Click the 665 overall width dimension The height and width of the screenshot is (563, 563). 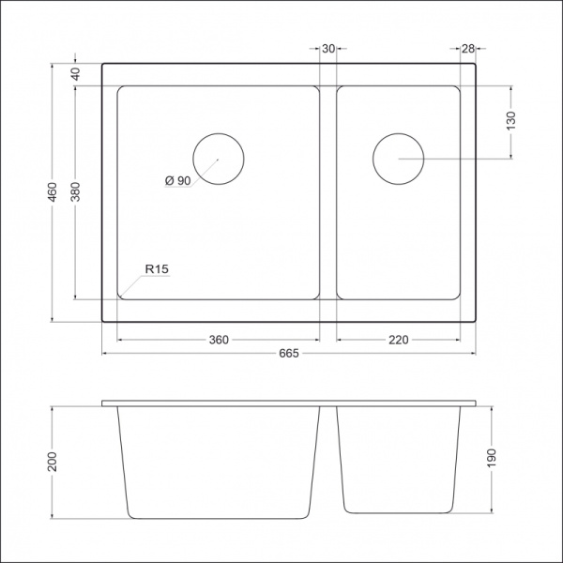point(289,354)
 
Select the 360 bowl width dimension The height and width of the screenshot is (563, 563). point(219,340)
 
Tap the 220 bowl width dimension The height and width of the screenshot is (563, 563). point(399,340)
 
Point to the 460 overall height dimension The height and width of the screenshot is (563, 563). point(53,192)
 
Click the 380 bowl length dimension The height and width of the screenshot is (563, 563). point(75,192)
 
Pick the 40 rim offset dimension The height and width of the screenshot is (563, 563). point(75,74)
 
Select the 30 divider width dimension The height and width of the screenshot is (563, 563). point(328,49)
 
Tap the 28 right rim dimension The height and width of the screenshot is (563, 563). point(468,49)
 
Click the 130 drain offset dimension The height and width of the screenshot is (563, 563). point(511,121)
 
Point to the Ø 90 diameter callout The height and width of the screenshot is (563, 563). point(177,180)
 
